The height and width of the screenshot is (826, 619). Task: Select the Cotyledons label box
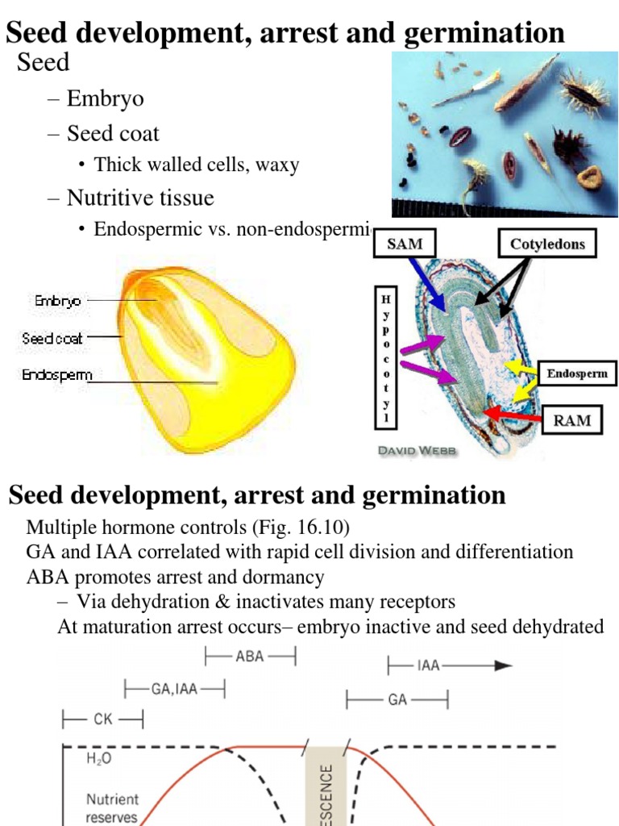coord(546,244)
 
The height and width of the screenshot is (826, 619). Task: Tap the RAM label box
coord(571,419)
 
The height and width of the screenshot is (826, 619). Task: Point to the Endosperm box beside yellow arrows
coord(577,373)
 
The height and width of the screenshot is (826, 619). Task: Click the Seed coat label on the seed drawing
coord(52,339)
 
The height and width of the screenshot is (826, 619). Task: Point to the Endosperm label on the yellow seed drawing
coord(57,375)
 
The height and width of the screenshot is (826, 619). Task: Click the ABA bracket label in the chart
coord(250,657)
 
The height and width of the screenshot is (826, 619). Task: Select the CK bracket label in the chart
coord(103,719)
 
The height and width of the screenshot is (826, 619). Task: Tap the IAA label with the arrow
coord(428,665)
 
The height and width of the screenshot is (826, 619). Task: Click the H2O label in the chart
coord(99,760)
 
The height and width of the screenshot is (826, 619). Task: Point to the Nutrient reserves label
coord(112,807)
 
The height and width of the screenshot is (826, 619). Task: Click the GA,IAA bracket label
coord(174,689)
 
